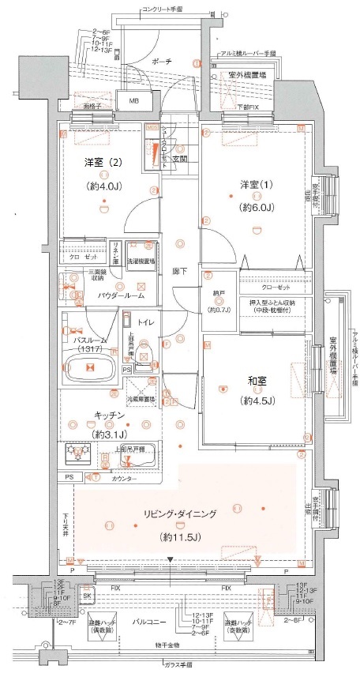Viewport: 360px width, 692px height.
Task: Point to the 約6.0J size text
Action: click(255, 207)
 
